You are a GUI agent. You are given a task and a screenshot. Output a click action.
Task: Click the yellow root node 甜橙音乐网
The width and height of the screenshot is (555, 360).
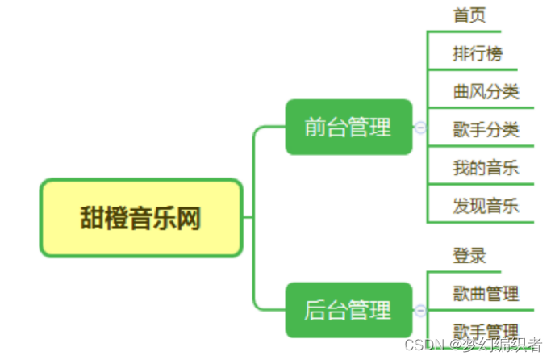click(x=141, y=218)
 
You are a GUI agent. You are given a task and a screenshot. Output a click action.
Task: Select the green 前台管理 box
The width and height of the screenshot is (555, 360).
click(x=348, y=127)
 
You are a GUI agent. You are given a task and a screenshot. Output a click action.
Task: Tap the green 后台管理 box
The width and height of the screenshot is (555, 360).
click(x=348, y=310)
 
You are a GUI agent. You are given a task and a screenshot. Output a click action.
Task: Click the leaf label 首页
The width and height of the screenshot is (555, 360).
click(x=470, y=15)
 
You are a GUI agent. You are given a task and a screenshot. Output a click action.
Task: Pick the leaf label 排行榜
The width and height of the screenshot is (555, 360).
click(x=478, y=54)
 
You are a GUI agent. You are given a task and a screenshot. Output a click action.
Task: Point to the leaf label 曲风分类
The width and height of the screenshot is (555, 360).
click(x=486, y=91)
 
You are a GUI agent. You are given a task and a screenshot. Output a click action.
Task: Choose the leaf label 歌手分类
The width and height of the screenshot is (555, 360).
click(x=486, y=129)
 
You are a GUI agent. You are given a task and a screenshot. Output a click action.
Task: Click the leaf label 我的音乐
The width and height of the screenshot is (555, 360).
click(x=486, y=168)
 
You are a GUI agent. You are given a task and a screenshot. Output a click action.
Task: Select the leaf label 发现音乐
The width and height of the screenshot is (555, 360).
click(x=486, y=206)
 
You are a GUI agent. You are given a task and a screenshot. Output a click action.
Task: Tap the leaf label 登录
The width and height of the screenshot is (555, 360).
click(x=470, y=256)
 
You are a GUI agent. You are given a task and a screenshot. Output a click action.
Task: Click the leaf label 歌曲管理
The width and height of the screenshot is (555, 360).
click(x=486, y=294)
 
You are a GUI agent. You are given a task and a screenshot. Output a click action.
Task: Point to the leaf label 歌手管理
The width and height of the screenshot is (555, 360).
click(x=486, y=331)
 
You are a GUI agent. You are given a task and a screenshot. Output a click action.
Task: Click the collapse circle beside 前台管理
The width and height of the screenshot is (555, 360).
click(x=420, y=127)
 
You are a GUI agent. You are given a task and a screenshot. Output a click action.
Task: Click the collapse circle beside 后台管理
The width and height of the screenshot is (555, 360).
click(x=420, y=310)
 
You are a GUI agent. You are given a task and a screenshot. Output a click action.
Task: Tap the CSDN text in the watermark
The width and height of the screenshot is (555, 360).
click(x=420, y=345)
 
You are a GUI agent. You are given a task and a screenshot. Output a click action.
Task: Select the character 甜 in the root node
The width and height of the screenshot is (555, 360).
click(x=92, y=218)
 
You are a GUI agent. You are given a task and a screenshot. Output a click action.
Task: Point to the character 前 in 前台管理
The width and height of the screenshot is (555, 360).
click(x=315, y=127)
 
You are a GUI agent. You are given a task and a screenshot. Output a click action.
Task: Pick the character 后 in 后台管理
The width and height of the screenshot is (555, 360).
click(x=315, y=310)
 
